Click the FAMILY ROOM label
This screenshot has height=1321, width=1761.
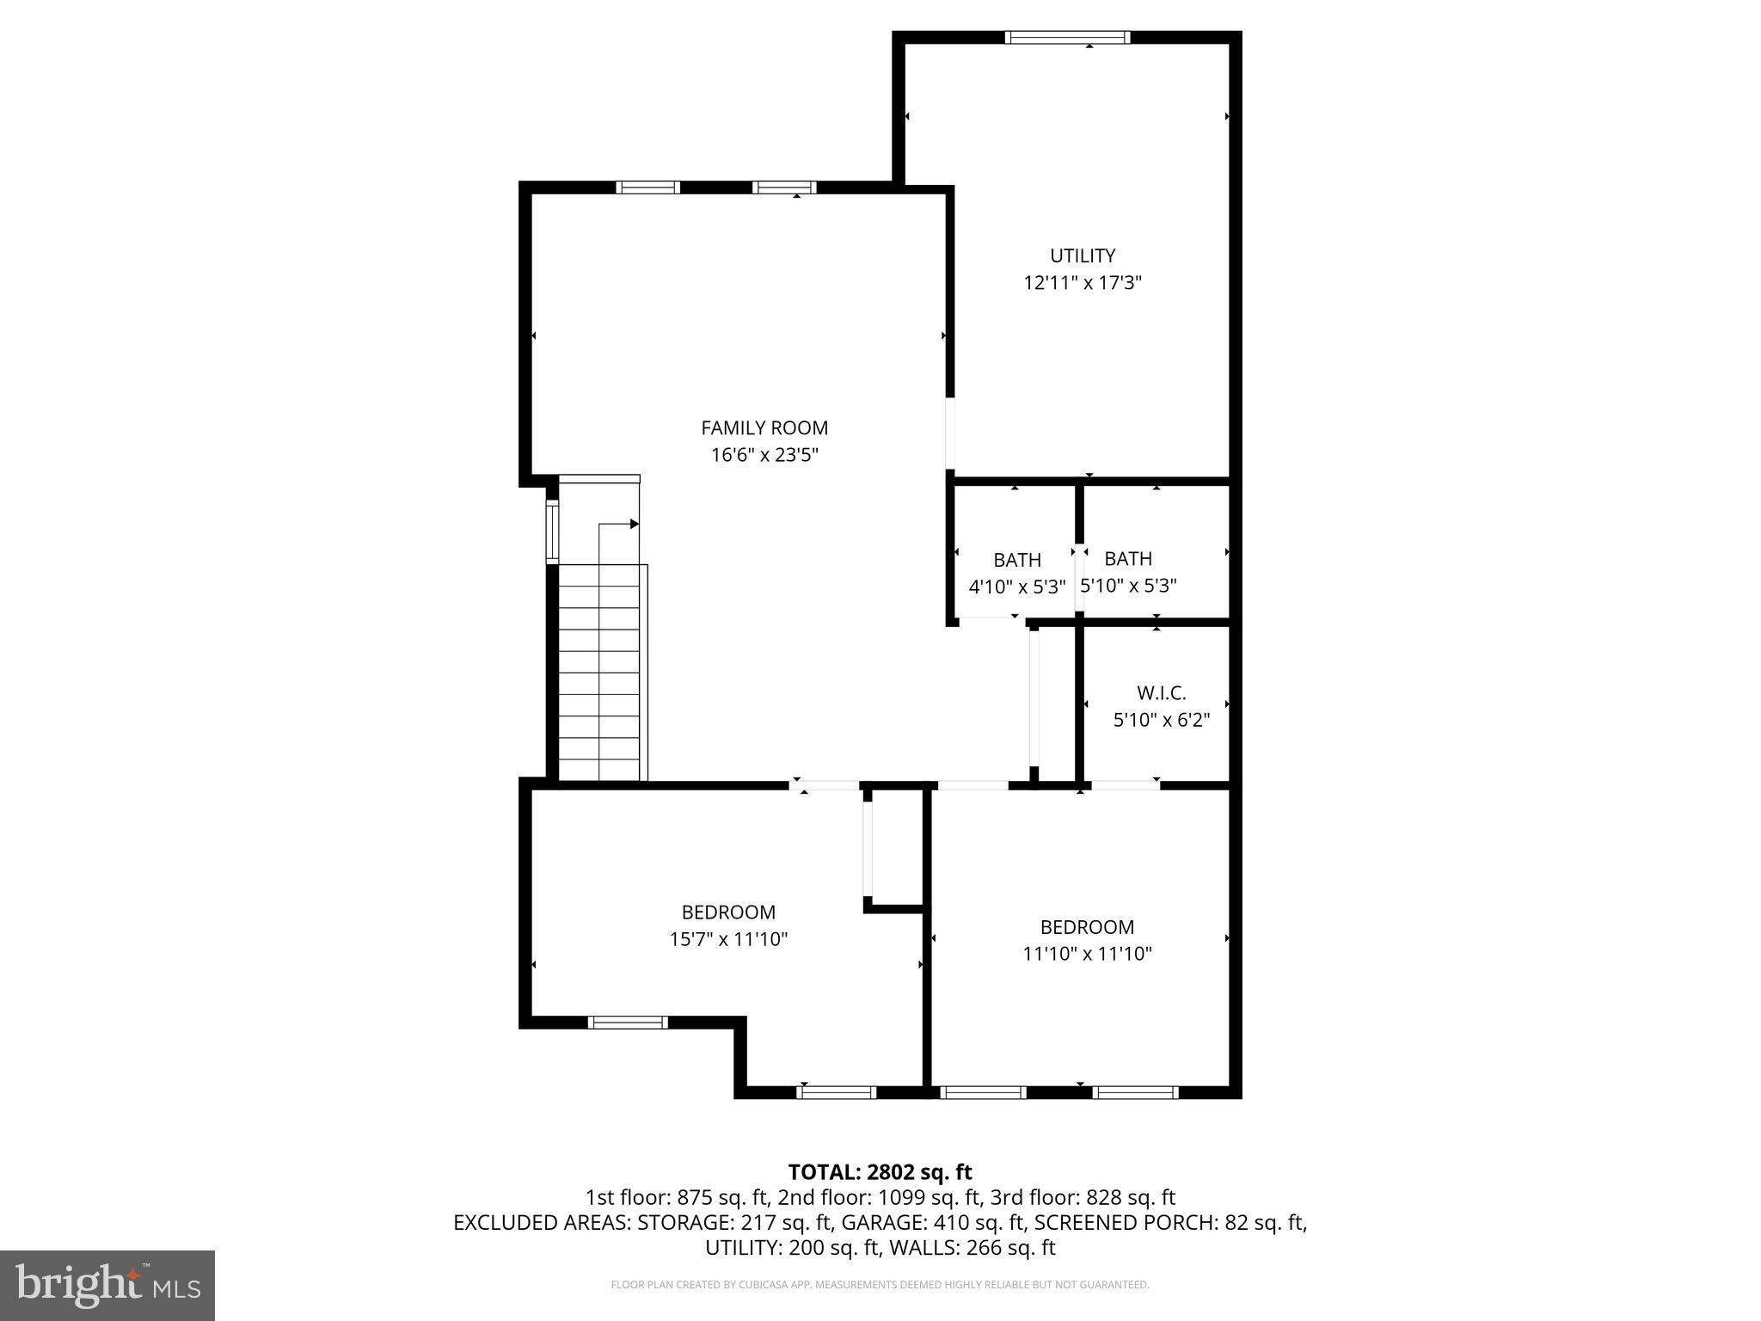coord(764,427)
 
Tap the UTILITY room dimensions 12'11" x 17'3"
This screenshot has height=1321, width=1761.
coord(1082,283)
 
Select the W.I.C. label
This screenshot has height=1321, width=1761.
coord(1161,692)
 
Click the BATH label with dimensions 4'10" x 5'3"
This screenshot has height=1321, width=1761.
coord(1017,560)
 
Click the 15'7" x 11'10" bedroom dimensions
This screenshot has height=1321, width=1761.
coord(728,939)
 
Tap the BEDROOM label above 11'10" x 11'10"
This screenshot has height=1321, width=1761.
coord(1087,927)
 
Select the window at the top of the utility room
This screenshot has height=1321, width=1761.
coord(1066,37)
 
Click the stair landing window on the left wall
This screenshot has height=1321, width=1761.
coord(552,532)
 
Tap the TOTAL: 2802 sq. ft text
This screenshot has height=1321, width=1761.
coord(880,1171)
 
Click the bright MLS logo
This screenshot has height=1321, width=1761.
coord(107,1285)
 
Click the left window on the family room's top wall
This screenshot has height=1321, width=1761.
coord(647,187)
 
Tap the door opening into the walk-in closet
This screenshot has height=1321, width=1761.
coord(1125,784)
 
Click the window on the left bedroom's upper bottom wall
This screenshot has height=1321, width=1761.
coord(628,1022)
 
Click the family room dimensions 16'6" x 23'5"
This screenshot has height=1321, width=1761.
coord(764,455)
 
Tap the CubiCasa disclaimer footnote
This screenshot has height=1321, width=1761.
coord(880,1285)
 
